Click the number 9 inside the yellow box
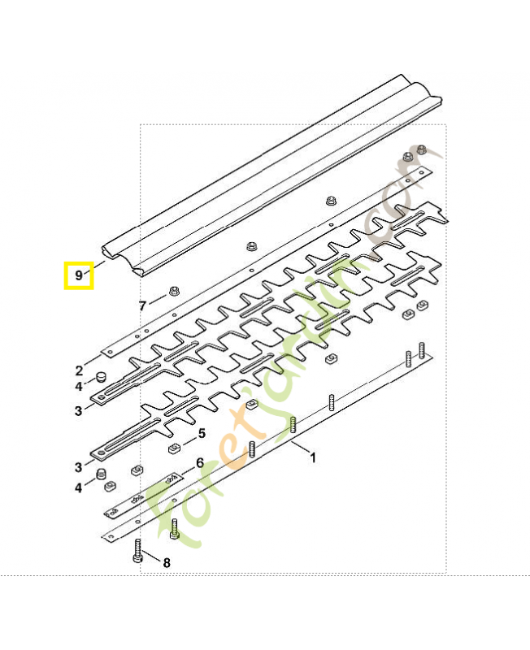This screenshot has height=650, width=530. pos(79,275)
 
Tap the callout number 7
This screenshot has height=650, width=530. pos(142,305)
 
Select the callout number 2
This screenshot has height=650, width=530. pos(79,370)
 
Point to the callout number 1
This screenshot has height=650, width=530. pos(313,457)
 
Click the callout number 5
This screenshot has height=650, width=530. pos(202,434)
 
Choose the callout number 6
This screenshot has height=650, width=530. pos(199,463)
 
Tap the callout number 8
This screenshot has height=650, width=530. pos(167,562)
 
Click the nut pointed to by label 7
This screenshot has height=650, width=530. pos(173,292)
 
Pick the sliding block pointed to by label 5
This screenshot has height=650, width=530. pos(173,448)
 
